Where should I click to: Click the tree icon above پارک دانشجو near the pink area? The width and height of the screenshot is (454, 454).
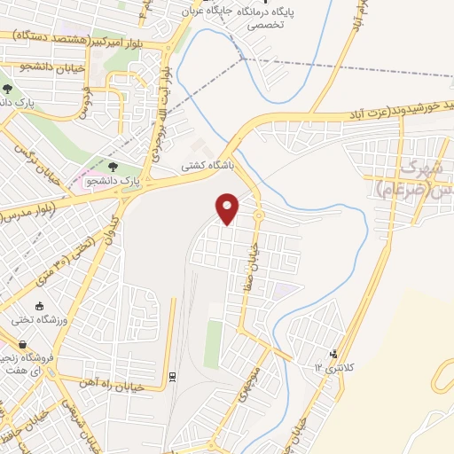(x=112, y=167)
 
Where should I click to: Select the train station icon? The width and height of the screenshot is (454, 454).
(x=172, y=376)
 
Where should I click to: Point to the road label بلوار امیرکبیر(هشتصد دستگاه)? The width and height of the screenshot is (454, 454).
(x=86, y=41)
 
